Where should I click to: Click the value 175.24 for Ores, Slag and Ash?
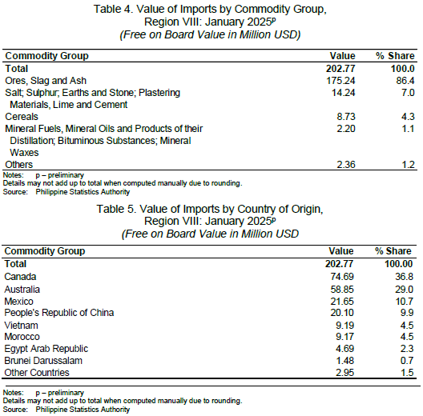340,81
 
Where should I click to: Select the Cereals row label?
22,116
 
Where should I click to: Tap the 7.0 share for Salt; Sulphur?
407,93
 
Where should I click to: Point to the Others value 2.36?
346,164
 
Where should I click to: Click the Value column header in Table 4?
342,56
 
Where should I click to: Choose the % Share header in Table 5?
393,251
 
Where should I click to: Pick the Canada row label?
20,277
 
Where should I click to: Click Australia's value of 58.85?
342,289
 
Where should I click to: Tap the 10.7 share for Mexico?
405,301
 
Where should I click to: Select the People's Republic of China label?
59,313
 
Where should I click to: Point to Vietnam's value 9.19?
344,326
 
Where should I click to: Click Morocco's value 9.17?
344,337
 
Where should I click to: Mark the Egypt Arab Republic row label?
46,349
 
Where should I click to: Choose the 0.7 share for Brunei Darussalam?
406,361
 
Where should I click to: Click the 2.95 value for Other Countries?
344,372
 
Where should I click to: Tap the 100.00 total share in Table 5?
399,263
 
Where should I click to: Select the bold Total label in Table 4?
17,69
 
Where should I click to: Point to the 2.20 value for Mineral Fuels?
346,129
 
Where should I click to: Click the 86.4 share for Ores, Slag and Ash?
405,81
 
